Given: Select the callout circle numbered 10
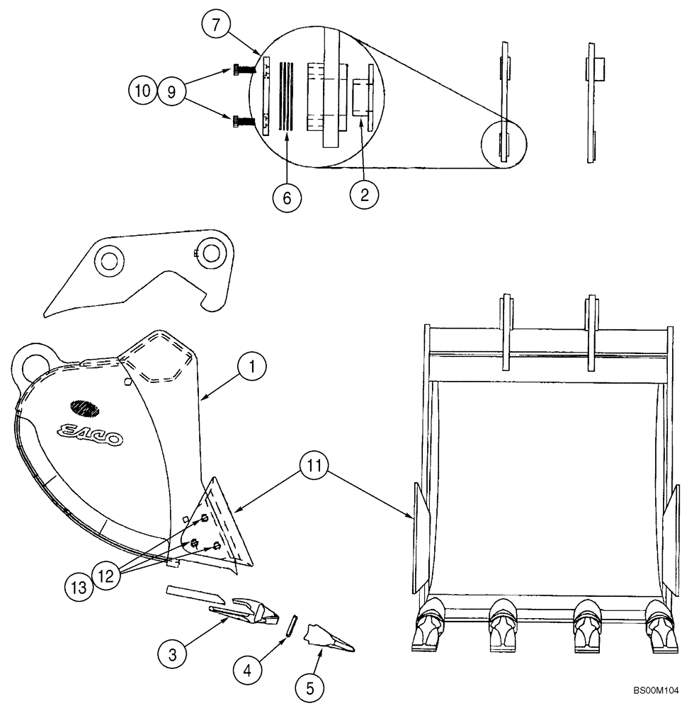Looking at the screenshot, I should tap(142, 91).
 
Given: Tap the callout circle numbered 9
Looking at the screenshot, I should tap(171, 91).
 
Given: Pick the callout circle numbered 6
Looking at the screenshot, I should tap(287, 198).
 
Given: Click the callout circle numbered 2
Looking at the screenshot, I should tap(365, 195).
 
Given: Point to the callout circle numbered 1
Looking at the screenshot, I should tap(251, 367).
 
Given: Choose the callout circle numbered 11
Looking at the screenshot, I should tap(311, 468).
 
